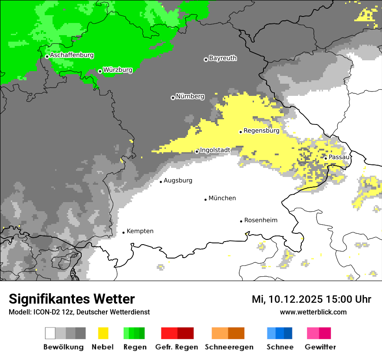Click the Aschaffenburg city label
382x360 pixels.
72,55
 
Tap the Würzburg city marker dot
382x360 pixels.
100,71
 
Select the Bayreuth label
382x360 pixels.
223,58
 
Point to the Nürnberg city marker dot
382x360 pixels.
173,98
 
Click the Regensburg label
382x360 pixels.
261,130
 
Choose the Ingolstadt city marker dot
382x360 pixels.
197,152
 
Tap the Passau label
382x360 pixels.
339,157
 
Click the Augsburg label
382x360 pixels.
178,180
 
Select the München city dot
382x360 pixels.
205,200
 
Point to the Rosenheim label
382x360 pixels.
260,220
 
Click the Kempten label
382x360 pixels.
140,231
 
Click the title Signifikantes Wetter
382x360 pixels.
72,299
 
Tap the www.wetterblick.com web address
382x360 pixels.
313,312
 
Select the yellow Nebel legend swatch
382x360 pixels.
103,333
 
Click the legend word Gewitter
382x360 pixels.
320,347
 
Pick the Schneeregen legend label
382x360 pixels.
229,347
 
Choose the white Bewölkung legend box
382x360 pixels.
50,333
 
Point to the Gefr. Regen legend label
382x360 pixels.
176,347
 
